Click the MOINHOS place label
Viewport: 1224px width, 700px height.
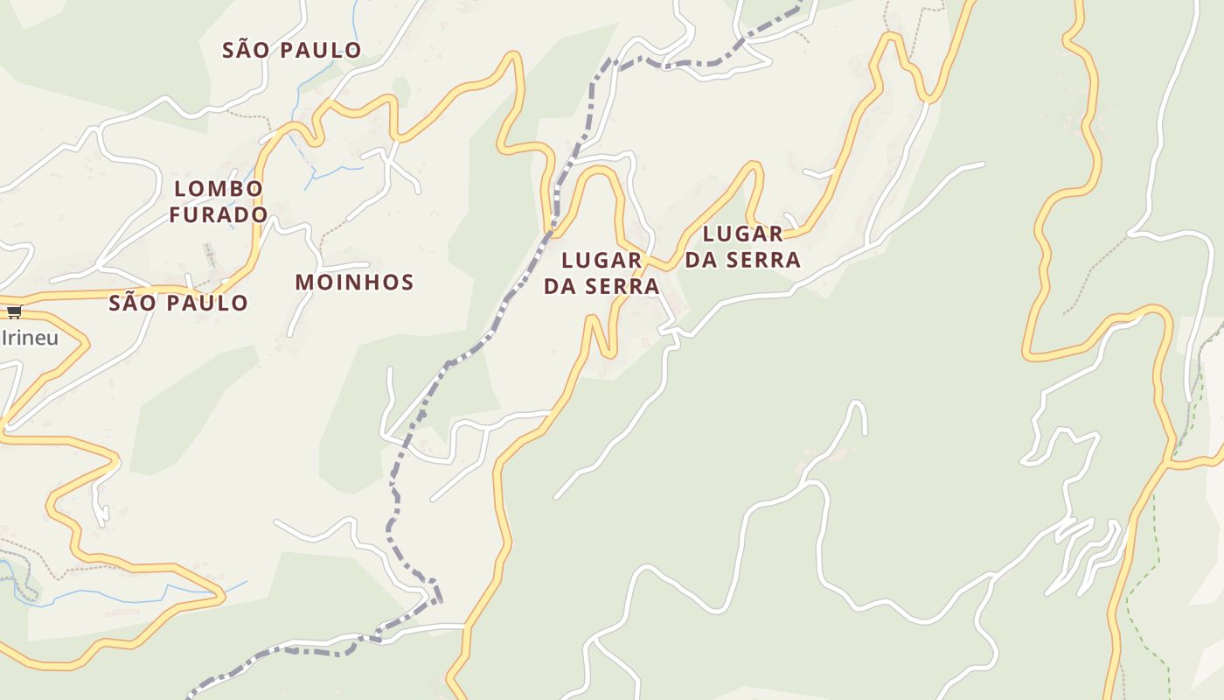coord(354,282)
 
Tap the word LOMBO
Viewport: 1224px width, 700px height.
coord(219,188)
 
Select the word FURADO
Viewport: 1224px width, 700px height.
coord(219,214)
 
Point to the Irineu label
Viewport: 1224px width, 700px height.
coord(30,338)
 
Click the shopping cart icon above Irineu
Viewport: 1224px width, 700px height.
coord(14,311)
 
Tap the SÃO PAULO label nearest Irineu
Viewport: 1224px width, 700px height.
coord(178,303)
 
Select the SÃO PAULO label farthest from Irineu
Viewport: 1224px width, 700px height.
coord(291,50)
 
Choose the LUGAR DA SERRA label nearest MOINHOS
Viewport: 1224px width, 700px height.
coord(602,273)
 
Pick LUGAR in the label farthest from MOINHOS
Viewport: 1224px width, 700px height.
coord(743,234)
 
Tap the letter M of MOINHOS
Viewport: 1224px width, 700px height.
coord(304,282)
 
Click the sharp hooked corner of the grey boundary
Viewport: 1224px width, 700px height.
coord(437,595)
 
